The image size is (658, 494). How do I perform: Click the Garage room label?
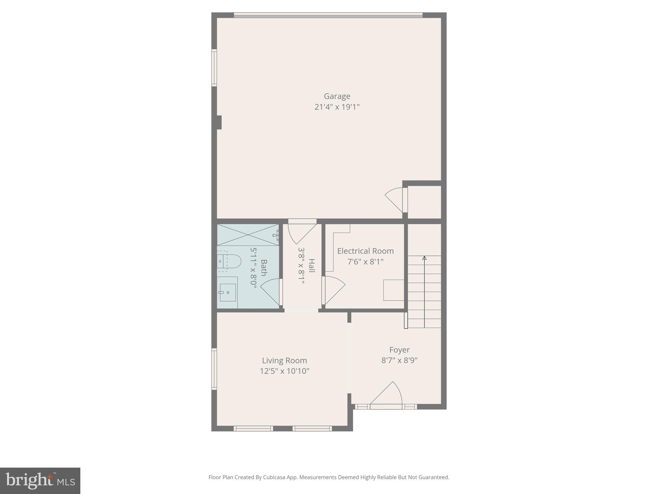click(337, 96)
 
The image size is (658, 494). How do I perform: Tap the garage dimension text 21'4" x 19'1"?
click(337, 107)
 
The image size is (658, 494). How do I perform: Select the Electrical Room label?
click(365, 251)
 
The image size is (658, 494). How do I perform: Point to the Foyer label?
click(399, 350)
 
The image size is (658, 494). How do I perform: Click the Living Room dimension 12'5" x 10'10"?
click(284, 371)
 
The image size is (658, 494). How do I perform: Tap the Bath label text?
click(264, 268)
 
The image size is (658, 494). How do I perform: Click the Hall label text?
click(312, 265)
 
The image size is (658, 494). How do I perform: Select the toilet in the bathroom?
click(229, 261)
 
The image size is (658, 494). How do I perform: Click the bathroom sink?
click(227, 292)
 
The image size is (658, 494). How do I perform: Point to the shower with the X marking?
click(248, 235)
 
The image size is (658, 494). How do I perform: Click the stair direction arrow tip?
click(424, 258)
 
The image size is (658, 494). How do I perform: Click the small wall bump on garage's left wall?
click(219, 122)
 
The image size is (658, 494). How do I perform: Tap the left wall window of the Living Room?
click(214, 369)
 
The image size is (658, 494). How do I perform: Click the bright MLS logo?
click(40, 480)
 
